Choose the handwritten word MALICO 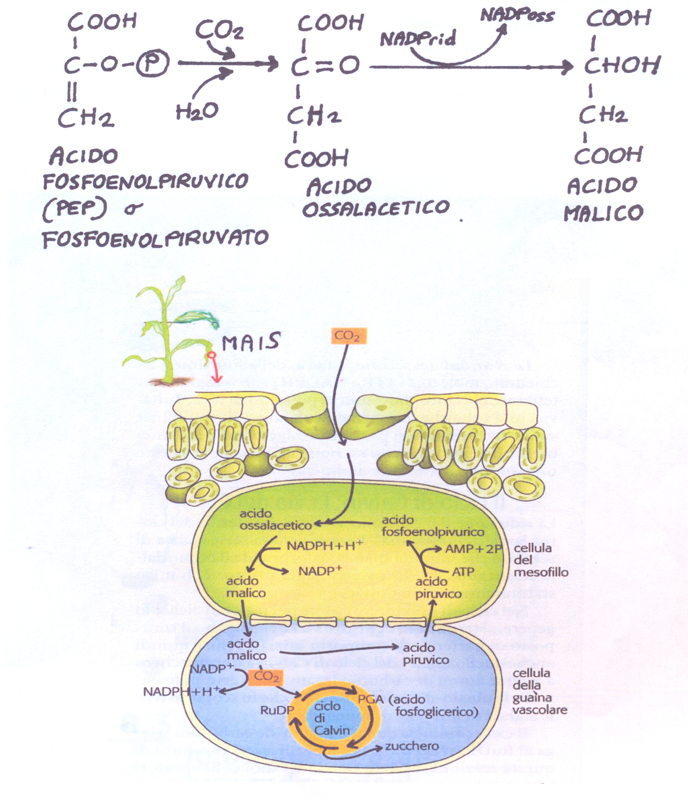click(603, 213)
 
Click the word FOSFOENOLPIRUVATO click(156, 238)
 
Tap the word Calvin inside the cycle click(332, 729)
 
